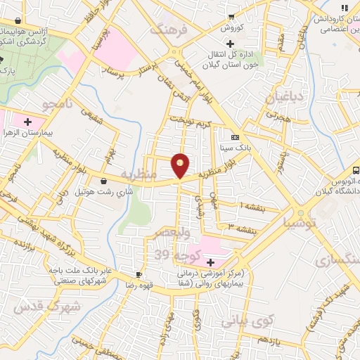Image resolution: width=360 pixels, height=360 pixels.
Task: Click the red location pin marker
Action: [181, 165]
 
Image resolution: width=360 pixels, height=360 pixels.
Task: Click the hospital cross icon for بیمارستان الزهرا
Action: [27, 122]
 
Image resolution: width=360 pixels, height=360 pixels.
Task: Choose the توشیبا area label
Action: [301, 223]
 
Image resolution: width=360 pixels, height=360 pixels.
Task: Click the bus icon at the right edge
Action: [356, 169]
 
